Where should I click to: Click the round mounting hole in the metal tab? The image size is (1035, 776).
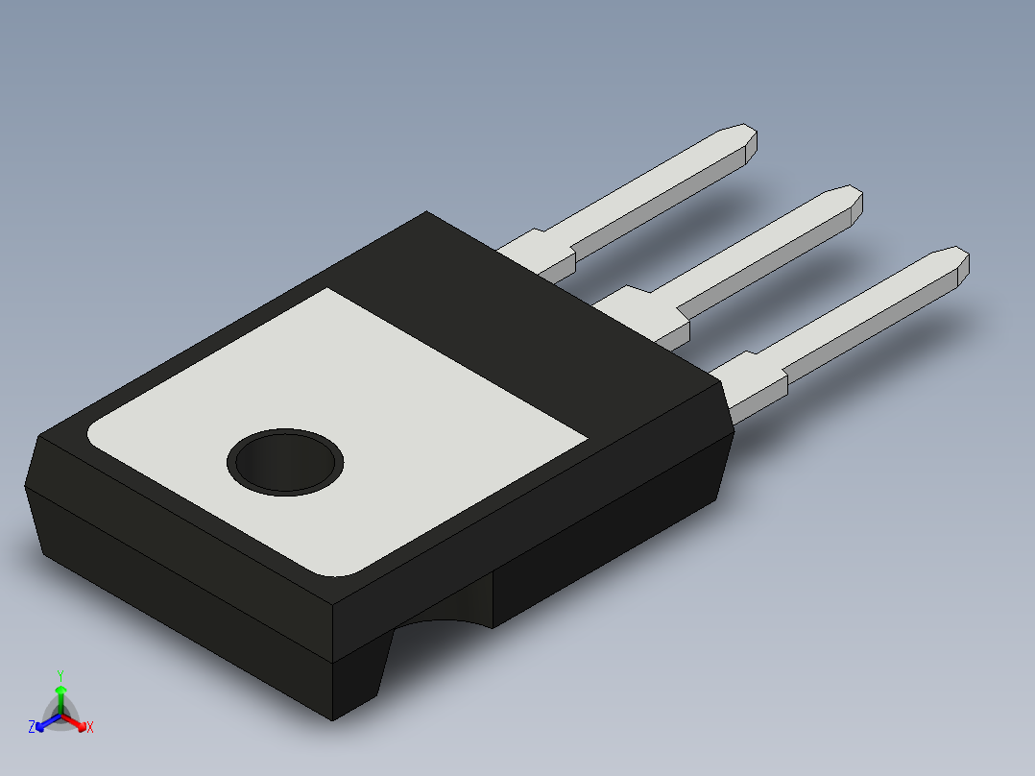[285, 462]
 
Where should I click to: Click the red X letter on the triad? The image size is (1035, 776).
[90, 728]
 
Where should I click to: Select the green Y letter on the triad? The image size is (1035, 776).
[60, 675]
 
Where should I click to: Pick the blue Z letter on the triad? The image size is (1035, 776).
[32, 728]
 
